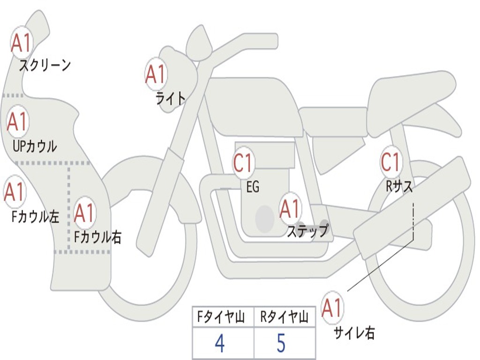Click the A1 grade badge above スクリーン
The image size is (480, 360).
pyautogui.click(x=21, y=43)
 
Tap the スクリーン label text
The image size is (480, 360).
pyautogui.click(x=45, y=65)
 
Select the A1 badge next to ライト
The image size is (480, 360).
pyautogui.click(x=156, y=74)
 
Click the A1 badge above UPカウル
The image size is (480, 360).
pyautogui.click(x=17, y=122)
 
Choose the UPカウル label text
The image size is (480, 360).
pyautogui.click(x=34, y=146)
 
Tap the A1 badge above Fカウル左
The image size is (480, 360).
pyautogui.click(x=14, y=192)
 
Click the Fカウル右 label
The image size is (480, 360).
pyautogui.click(x=98, y=237)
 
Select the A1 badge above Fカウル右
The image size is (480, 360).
pyautogui.click(x=84, y=213)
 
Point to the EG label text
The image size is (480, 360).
pyautogui.click(x=253, y=187)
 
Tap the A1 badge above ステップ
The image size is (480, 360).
pyautogui.click(x=290, y=209)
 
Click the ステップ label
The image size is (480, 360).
pyautogui.click(x=307, y=231)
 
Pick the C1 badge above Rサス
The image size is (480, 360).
pyautogui.click(x=390, y=162)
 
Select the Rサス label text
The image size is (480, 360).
pyautogui.click(x=399, y=187)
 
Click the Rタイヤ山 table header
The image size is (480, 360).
pyautogui.click(x=285, y=318)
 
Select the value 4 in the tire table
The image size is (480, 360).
pyautogui.click(x=219, y=344)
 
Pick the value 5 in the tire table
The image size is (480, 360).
pyautogui.click(x=281, y=344)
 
